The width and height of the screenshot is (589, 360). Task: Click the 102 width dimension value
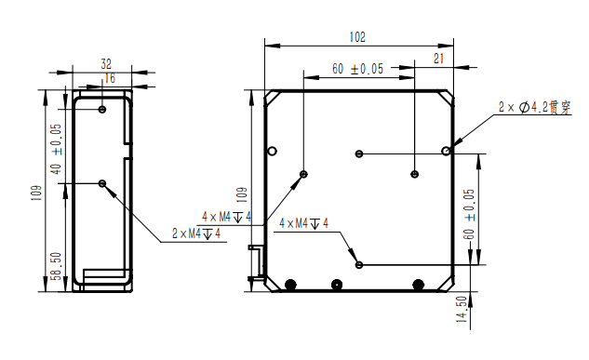tap(357, 37)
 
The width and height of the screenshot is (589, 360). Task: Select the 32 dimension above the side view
tap(106, 64)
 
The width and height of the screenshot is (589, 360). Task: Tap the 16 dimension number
tap(109, 78)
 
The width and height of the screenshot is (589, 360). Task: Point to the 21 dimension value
tap(439, 59)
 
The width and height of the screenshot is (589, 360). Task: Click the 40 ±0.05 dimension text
tap(57, 149)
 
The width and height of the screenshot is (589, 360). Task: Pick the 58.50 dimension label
tap(57, 266)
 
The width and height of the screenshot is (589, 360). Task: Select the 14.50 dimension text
tap(462, 310)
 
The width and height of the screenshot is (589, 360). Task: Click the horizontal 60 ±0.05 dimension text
tap(357, 69)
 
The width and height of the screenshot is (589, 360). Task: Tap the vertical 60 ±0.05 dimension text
tap(469, 214)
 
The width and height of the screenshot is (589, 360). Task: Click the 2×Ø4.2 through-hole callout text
tap(534, 107)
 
